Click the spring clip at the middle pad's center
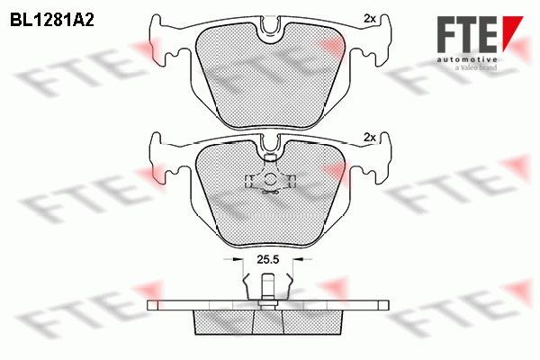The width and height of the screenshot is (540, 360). click(x=270, y=179)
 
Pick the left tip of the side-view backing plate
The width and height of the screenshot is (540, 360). click(x=147, y=305)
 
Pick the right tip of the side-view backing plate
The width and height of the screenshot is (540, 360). click(x=393, y=305)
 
